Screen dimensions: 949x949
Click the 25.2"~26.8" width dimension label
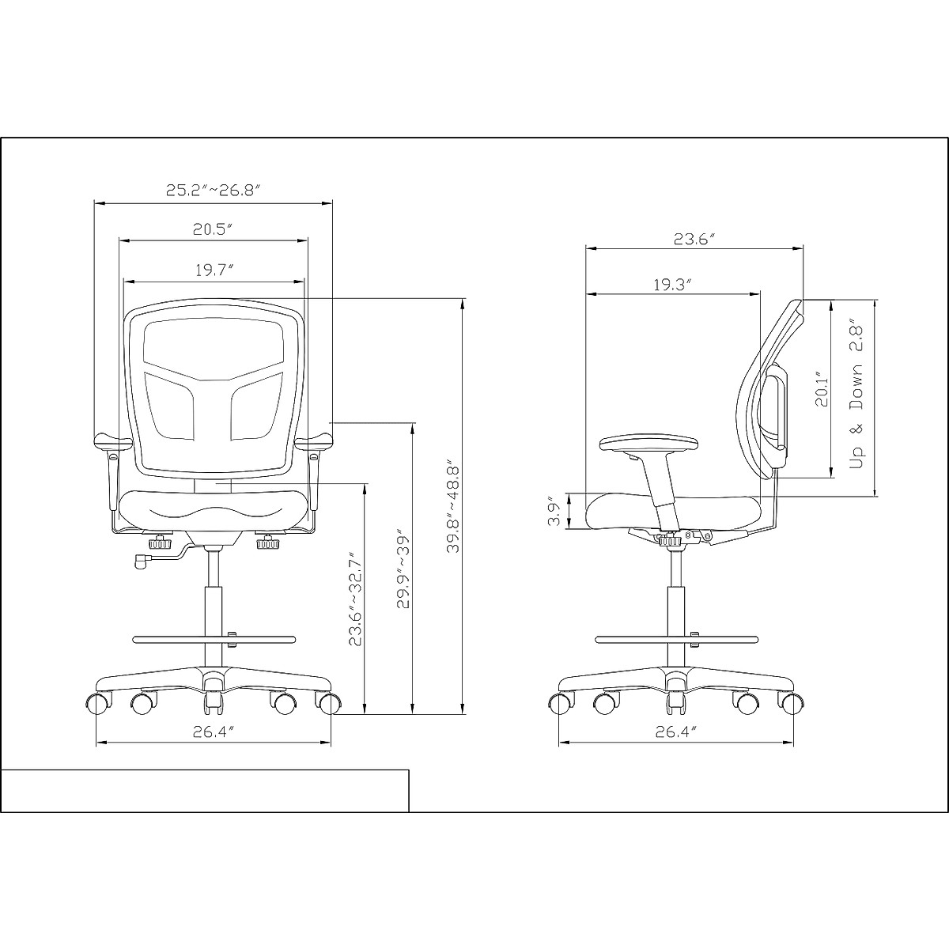[212, 190]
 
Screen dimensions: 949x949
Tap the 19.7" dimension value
[214, 270]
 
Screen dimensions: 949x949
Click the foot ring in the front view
[214, 638]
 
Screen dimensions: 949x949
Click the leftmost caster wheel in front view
[96, 702]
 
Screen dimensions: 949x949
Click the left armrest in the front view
[112, 441]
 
